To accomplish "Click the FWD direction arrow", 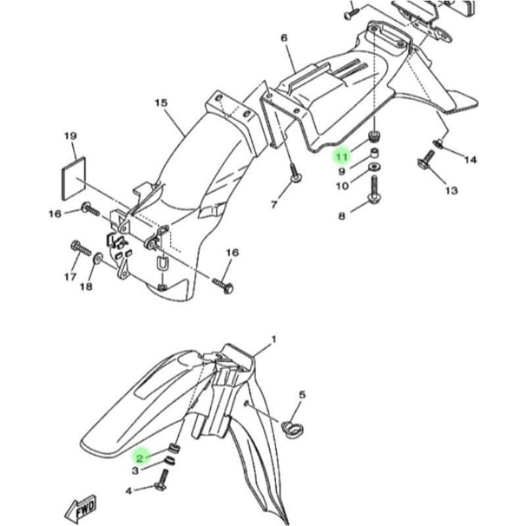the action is pos(81,508).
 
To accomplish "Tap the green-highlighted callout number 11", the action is pos(341,156).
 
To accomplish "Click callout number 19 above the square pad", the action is pos(70,136).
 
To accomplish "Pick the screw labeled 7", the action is pos(295,174).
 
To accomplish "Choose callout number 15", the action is pos(162,103).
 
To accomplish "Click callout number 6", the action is pos(284,38).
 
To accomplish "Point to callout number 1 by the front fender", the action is pos(274,339).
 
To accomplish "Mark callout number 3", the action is pos(135,471).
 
